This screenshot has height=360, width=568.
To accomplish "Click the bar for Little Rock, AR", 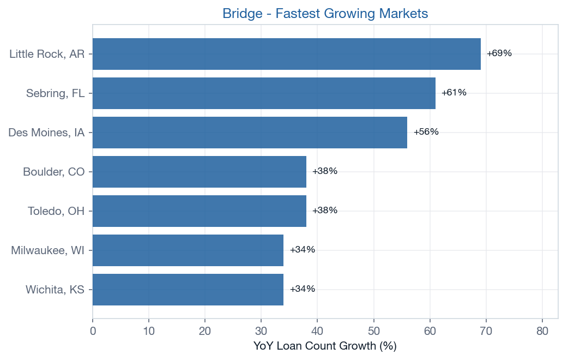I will [286, 54].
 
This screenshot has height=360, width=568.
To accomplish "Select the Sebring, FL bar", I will [264, 93].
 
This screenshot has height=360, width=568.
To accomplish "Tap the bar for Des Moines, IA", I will [250, 133].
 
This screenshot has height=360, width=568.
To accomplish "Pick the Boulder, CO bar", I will [199, 172].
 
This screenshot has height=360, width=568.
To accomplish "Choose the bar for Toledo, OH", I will [199, 211].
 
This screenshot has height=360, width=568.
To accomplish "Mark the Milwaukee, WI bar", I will [188, 250].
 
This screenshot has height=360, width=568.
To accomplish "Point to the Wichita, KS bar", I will [188, 290].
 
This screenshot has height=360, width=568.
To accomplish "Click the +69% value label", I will [499, 53].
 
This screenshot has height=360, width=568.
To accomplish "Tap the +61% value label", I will [454, 93].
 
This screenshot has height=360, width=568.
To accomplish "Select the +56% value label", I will [426, 132].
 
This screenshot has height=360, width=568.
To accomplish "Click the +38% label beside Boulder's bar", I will [325, 171].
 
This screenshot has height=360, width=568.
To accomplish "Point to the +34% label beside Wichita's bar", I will [303, 289].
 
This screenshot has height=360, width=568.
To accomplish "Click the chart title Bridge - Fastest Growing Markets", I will [325, 14].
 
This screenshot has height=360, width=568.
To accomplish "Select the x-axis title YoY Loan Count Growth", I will [325, 346].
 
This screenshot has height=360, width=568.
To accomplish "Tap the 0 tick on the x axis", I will [93, 331].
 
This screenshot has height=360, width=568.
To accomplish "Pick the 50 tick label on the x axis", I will [374, 331].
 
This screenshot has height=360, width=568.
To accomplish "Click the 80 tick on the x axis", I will [542, 331].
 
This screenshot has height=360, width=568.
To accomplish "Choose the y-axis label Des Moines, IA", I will [46, 133].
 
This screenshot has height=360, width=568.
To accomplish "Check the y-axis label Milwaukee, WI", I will [47, 250].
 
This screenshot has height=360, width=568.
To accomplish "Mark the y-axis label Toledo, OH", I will [56, 211].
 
